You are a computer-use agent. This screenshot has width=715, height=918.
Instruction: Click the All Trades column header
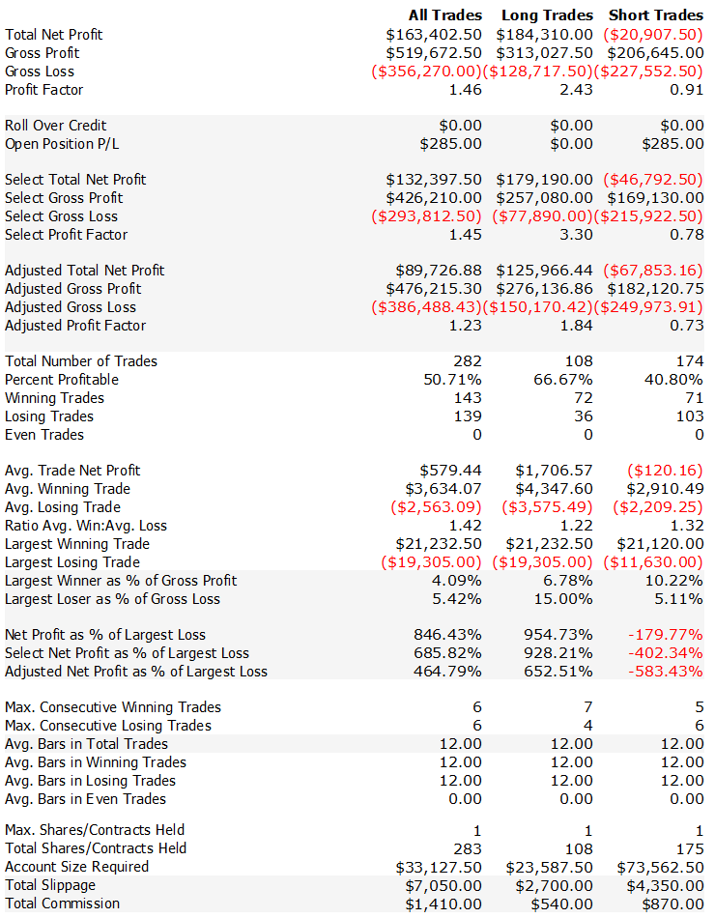coord(444,15)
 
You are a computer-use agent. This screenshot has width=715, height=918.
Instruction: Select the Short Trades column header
coord(656,15)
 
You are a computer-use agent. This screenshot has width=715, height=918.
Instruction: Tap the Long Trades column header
coord(547,15)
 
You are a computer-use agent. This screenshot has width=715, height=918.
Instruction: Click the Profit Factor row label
coord(44,90)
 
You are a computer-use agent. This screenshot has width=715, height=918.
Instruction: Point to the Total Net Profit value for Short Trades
coord(653,35)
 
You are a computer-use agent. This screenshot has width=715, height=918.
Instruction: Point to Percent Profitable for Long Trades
coord(564,380)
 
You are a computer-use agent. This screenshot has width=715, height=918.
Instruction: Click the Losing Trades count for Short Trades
coord(690,416)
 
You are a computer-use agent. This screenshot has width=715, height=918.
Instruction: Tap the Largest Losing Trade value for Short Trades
coord(653,562)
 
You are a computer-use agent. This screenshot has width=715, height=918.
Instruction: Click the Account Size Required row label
coord(77,867)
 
